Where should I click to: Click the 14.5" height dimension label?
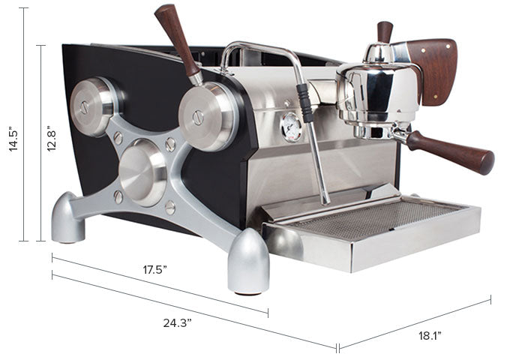point(13,139)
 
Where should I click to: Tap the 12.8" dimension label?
point(52,138)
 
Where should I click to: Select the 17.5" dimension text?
point(154,269)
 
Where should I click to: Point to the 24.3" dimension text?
point(177,323)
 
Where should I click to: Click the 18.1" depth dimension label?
point(430,335)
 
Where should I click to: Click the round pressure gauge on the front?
point(291,127)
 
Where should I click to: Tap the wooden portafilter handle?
point(451,151)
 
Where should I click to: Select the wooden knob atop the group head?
point(385,31)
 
